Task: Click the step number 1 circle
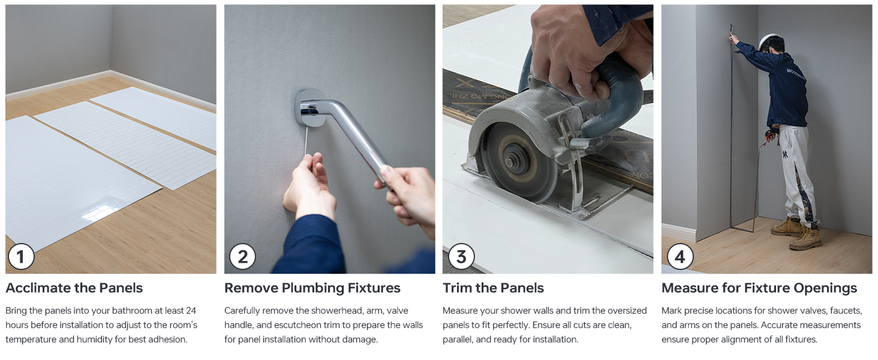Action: click(21, 257)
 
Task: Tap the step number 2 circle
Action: click(243, 257)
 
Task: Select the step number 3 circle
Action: click(461, 257)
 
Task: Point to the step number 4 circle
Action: click(680, 257)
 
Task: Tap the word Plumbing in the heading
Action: click(312, 288)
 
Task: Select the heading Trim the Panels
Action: click(493, 288)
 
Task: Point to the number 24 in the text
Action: click(191, 311)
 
